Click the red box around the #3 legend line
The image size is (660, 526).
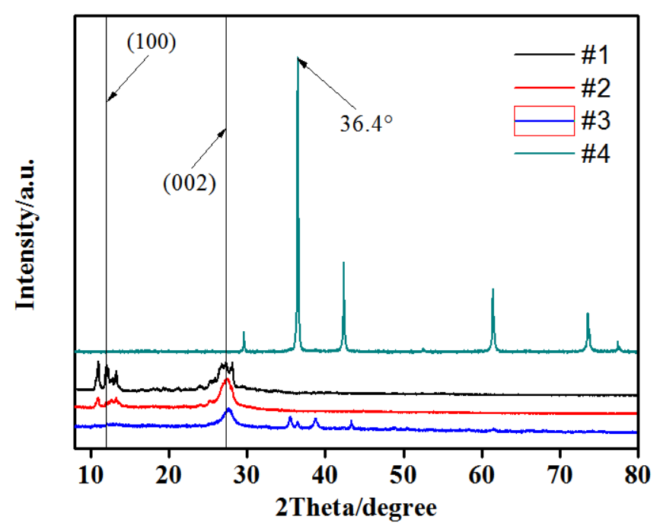(544, 121)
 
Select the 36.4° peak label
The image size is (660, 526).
(365, 122)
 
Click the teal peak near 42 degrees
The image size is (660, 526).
(344, 263)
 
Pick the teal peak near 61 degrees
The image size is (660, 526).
(493, 290)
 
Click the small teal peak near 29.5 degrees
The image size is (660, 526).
(244, 333)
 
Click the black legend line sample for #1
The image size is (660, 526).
(544, 56)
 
